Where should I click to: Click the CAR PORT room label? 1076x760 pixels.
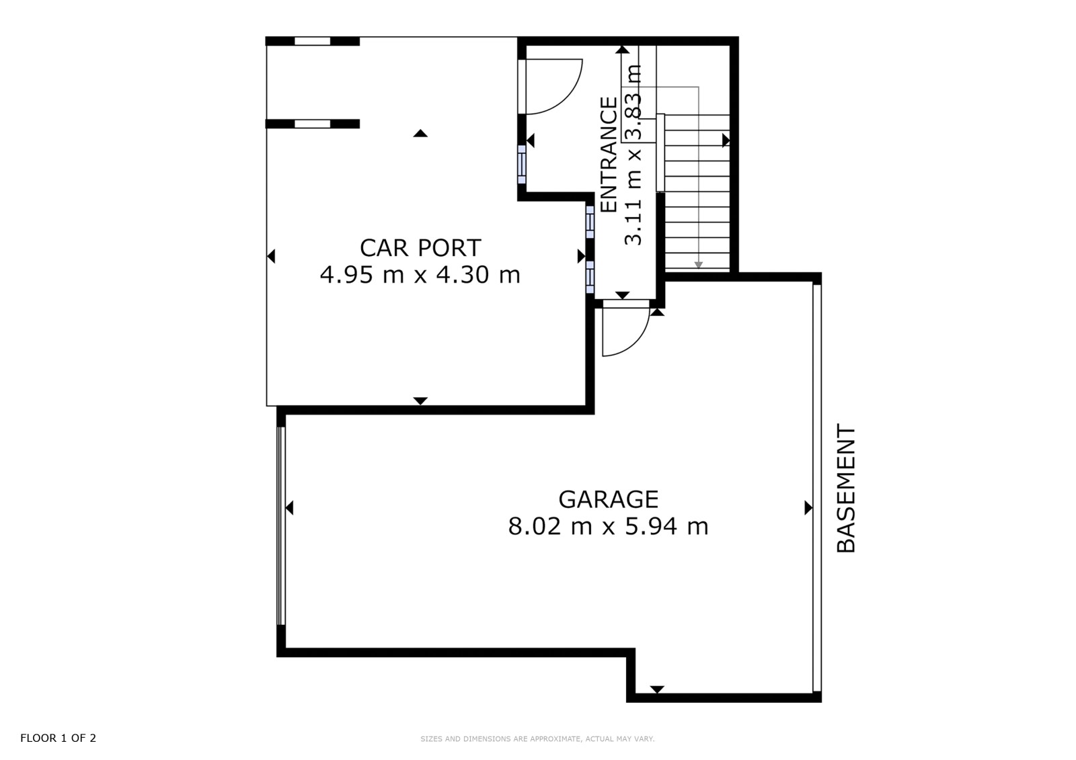pyautogui.click(x=420, y=248)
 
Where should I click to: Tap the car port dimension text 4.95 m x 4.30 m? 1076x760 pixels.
pyautogui.click(x=420, y=275)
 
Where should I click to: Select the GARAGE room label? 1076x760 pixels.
pyautogui.click(x=608, y=500)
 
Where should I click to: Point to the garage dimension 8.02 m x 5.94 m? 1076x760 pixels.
pyautogui.click(x=608, y=527)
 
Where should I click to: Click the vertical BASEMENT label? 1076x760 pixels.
pyautogui.click(x=847, y=489)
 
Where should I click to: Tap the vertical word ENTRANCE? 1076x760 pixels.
pyautogui.click(x=609, y=155)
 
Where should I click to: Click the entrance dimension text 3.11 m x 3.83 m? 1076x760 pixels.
pyautogui.click(x=633, y=155)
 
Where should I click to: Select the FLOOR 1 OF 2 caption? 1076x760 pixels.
pyautogui.click(x=58, y=738)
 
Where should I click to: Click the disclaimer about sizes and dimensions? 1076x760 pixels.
pyautogui.click(x=537, y=739)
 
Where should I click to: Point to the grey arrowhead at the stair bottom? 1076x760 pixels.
pyautogui.click(x=699, y=265)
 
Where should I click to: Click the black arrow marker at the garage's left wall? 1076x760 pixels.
pyautogui.click(x=289, y=507)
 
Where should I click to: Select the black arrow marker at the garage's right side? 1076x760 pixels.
pyautogui.click(x=808, y=507)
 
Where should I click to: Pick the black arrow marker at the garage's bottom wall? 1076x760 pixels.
pyautogui.click(x=656, y=689)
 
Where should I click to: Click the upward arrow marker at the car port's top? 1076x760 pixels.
pyautogui.click(x=420, y=133)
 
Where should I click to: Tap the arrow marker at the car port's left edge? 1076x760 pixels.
pyautogui.click(x=271, y=256)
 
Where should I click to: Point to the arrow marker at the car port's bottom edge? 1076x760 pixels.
pyautogui.click(x=420, y=401)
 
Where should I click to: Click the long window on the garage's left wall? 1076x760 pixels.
pyautogui.click(x=281, y=525)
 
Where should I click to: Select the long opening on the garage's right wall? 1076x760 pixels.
pyautogui.click(x=816, y=487)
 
